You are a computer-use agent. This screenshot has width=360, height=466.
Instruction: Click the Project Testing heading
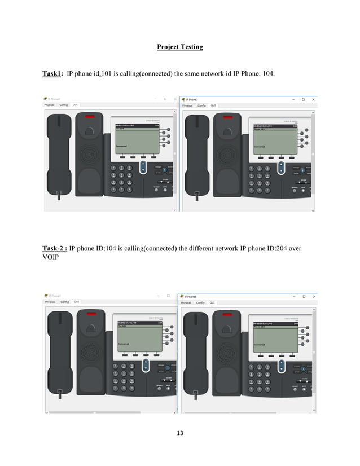179,47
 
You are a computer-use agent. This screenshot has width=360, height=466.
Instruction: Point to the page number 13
180,433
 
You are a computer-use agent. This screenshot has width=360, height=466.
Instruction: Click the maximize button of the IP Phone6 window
304,296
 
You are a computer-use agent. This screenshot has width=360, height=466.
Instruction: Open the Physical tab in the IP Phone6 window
186,302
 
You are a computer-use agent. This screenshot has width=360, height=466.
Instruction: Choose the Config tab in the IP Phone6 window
200,302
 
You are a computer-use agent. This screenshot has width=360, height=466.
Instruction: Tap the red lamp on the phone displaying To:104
90,117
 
